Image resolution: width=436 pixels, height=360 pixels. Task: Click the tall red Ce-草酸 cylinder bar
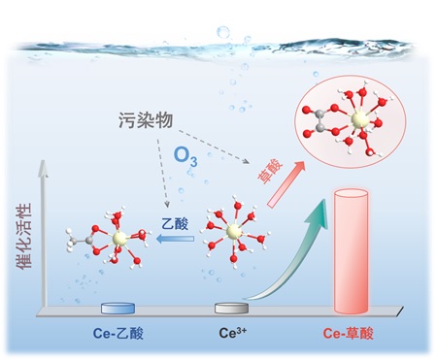[351, 251]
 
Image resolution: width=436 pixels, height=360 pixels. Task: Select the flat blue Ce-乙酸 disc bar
[117, 309]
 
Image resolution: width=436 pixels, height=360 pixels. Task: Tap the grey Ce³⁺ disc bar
[231, 308]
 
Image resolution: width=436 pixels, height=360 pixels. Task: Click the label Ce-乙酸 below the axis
[118, 333]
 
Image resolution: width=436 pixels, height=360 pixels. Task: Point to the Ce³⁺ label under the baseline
[232, 333]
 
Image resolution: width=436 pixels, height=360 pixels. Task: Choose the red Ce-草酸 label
[348, 333]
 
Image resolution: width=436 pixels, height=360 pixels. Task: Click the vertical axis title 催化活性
[24, 236]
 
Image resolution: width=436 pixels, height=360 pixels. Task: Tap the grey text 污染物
[146, 120]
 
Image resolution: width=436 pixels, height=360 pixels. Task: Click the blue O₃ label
[185, 156]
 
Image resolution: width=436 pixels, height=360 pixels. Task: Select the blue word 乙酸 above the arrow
[175, 223]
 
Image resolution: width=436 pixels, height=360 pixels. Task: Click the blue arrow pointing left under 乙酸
[175, 239]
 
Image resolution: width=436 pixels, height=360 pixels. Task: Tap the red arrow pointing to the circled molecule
[286, 184]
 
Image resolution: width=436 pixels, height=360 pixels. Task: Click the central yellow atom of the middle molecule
[233, 231]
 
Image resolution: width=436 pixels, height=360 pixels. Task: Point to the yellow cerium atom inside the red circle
[360, 119]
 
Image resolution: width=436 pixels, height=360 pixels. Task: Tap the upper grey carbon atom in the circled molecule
[319, 114]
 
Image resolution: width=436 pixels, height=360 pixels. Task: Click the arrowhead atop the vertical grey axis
[43, 168]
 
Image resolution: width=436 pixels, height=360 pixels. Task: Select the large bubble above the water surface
[223, 32]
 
